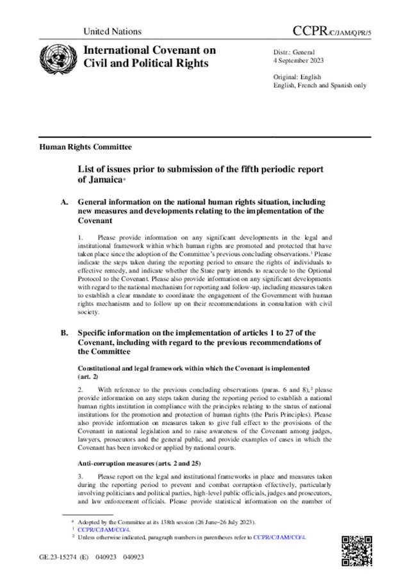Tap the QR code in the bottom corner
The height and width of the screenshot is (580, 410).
click(356, 548)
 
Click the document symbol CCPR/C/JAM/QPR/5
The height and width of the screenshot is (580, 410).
click(331, 31)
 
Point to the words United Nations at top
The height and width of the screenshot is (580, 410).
click(112, 31)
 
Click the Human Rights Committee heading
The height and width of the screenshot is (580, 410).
click(86, 147)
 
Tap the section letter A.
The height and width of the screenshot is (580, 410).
click(65, 203)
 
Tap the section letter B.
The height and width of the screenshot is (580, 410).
click(65, 333)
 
